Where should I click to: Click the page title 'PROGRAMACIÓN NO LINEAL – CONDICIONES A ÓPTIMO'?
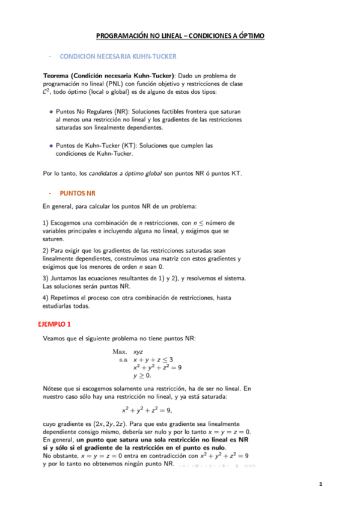coord(180,37)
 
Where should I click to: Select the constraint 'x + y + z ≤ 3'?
coord(153,359)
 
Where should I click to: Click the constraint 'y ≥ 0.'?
coord(142,375)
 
